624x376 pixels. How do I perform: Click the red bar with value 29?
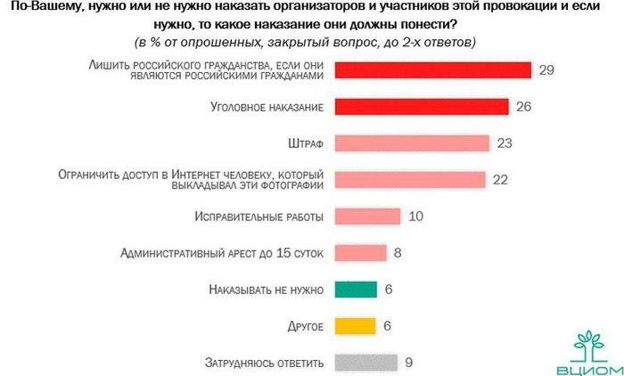point(432,70)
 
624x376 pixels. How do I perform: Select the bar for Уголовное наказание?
point(421,107)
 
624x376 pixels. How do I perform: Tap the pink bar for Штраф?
point(412,143)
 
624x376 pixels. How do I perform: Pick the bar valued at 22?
point(409,180)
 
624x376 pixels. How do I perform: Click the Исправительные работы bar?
point(366,217)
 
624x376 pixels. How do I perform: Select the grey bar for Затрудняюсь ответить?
point(365,362)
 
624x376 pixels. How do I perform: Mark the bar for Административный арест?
point(360,253)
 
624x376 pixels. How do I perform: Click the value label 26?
point(524,107)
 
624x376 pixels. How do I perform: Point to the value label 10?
point(415,217)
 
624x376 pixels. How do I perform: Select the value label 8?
point(398,253)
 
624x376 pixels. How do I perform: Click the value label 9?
point(409,362)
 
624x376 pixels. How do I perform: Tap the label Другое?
point(305,326)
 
